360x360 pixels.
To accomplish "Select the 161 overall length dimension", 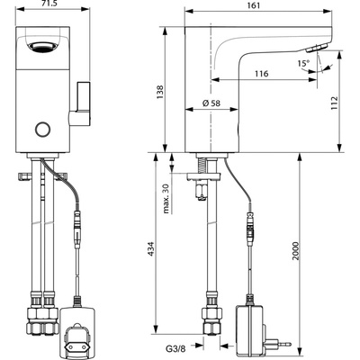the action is (x=255, y=5).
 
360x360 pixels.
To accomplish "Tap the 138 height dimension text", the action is (x=160, y=92).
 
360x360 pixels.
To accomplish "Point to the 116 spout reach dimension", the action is (x=262, y=74).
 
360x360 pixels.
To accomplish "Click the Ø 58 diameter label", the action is (x=211, y=103).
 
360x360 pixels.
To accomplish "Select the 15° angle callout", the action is (x=303, y=63).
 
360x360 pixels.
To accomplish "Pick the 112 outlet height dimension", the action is (x=334, y=103).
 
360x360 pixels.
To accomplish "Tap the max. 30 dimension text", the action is (x=166, y=198).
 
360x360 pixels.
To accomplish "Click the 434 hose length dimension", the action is (x=151, y=248).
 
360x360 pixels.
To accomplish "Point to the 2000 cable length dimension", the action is (x=296, y=251).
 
